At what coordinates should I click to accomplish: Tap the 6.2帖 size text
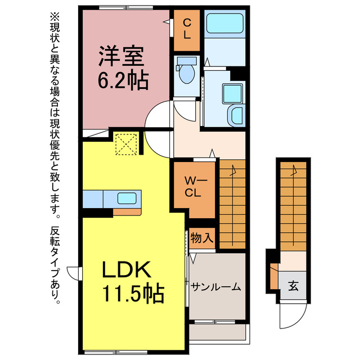pos(124,82)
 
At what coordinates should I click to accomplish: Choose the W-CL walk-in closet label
pos(193,188)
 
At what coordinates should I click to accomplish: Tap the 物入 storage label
pos(201,237)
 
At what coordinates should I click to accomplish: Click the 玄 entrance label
pos(293,285)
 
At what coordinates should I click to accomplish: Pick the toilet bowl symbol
pos(185,71)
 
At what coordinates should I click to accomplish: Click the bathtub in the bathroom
pos(224,25)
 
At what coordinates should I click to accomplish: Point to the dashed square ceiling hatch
pos(126,143)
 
